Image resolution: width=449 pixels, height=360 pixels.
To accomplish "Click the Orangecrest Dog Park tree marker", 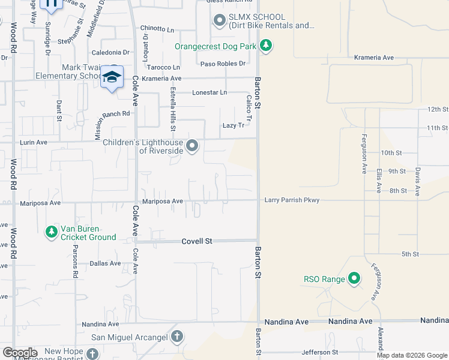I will [265, 46].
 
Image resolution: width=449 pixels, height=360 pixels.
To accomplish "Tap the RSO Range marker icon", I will [354, 278].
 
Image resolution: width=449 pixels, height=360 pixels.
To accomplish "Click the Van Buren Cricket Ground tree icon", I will [52, 231].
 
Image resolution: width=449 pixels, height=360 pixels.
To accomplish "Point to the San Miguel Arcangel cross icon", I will [176, 337].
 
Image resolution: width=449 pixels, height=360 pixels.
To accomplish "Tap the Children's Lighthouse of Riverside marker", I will [192, 146].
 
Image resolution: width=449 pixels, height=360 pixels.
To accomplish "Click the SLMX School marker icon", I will [219, 21].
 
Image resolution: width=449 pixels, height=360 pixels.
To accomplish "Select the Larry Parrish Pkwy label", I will [292, 200].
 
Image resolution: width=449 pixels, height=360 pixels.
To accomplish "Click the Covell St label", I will [197, 241].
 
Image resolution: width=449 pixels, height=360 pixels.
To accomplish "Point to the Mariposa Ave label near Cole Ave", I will [162, 202].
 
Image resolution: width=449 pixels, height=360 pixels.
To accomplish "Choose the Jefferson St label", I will [319, 352].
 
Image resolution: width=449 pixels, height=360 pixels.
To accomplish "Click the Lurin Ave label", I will [33, 142].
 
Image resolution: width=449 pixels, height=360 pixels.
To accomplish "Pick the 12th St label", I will [438, 110].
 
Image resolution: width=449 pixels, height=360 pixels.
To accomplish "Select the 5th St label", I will [410, 254].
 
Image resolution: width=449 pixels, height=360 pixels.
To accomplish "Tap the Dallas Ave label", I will [105, 263].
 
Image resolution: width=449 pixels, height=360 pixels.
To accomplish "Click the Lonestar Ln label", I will [209, 92].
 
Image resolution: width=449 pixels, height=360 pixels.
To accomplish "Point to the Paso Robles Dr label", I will [223, 64].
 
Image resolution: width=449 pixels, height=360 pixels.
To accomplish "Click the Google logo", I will [20, 353].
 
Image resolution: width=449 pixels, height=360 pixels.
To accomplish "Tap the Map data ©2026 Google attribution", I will [411, 355].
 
